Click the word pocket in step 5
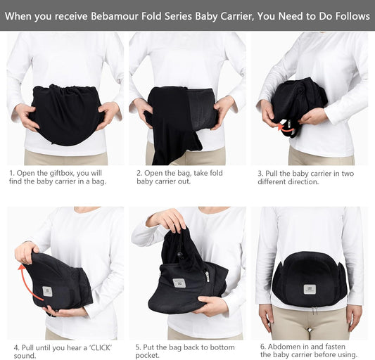pyautogui.click(x=150, y=356)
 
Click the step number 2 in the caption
pyautogui.click(x=139, y=172)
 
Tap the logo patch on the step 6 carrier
pyautogui.click(x=309, y=289)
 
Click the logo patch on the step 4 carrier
pyautogui.click(x=48, y=290)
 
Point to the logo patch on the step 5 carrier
pyautogui.click(x=179, y=283)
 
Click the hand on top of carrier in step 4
pyautogui.click(x=25, y=252)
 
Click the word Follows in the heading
pyautogui.click(x=346, y=15)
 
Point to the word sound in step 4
pyautogui.click(x=25, y=356)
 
